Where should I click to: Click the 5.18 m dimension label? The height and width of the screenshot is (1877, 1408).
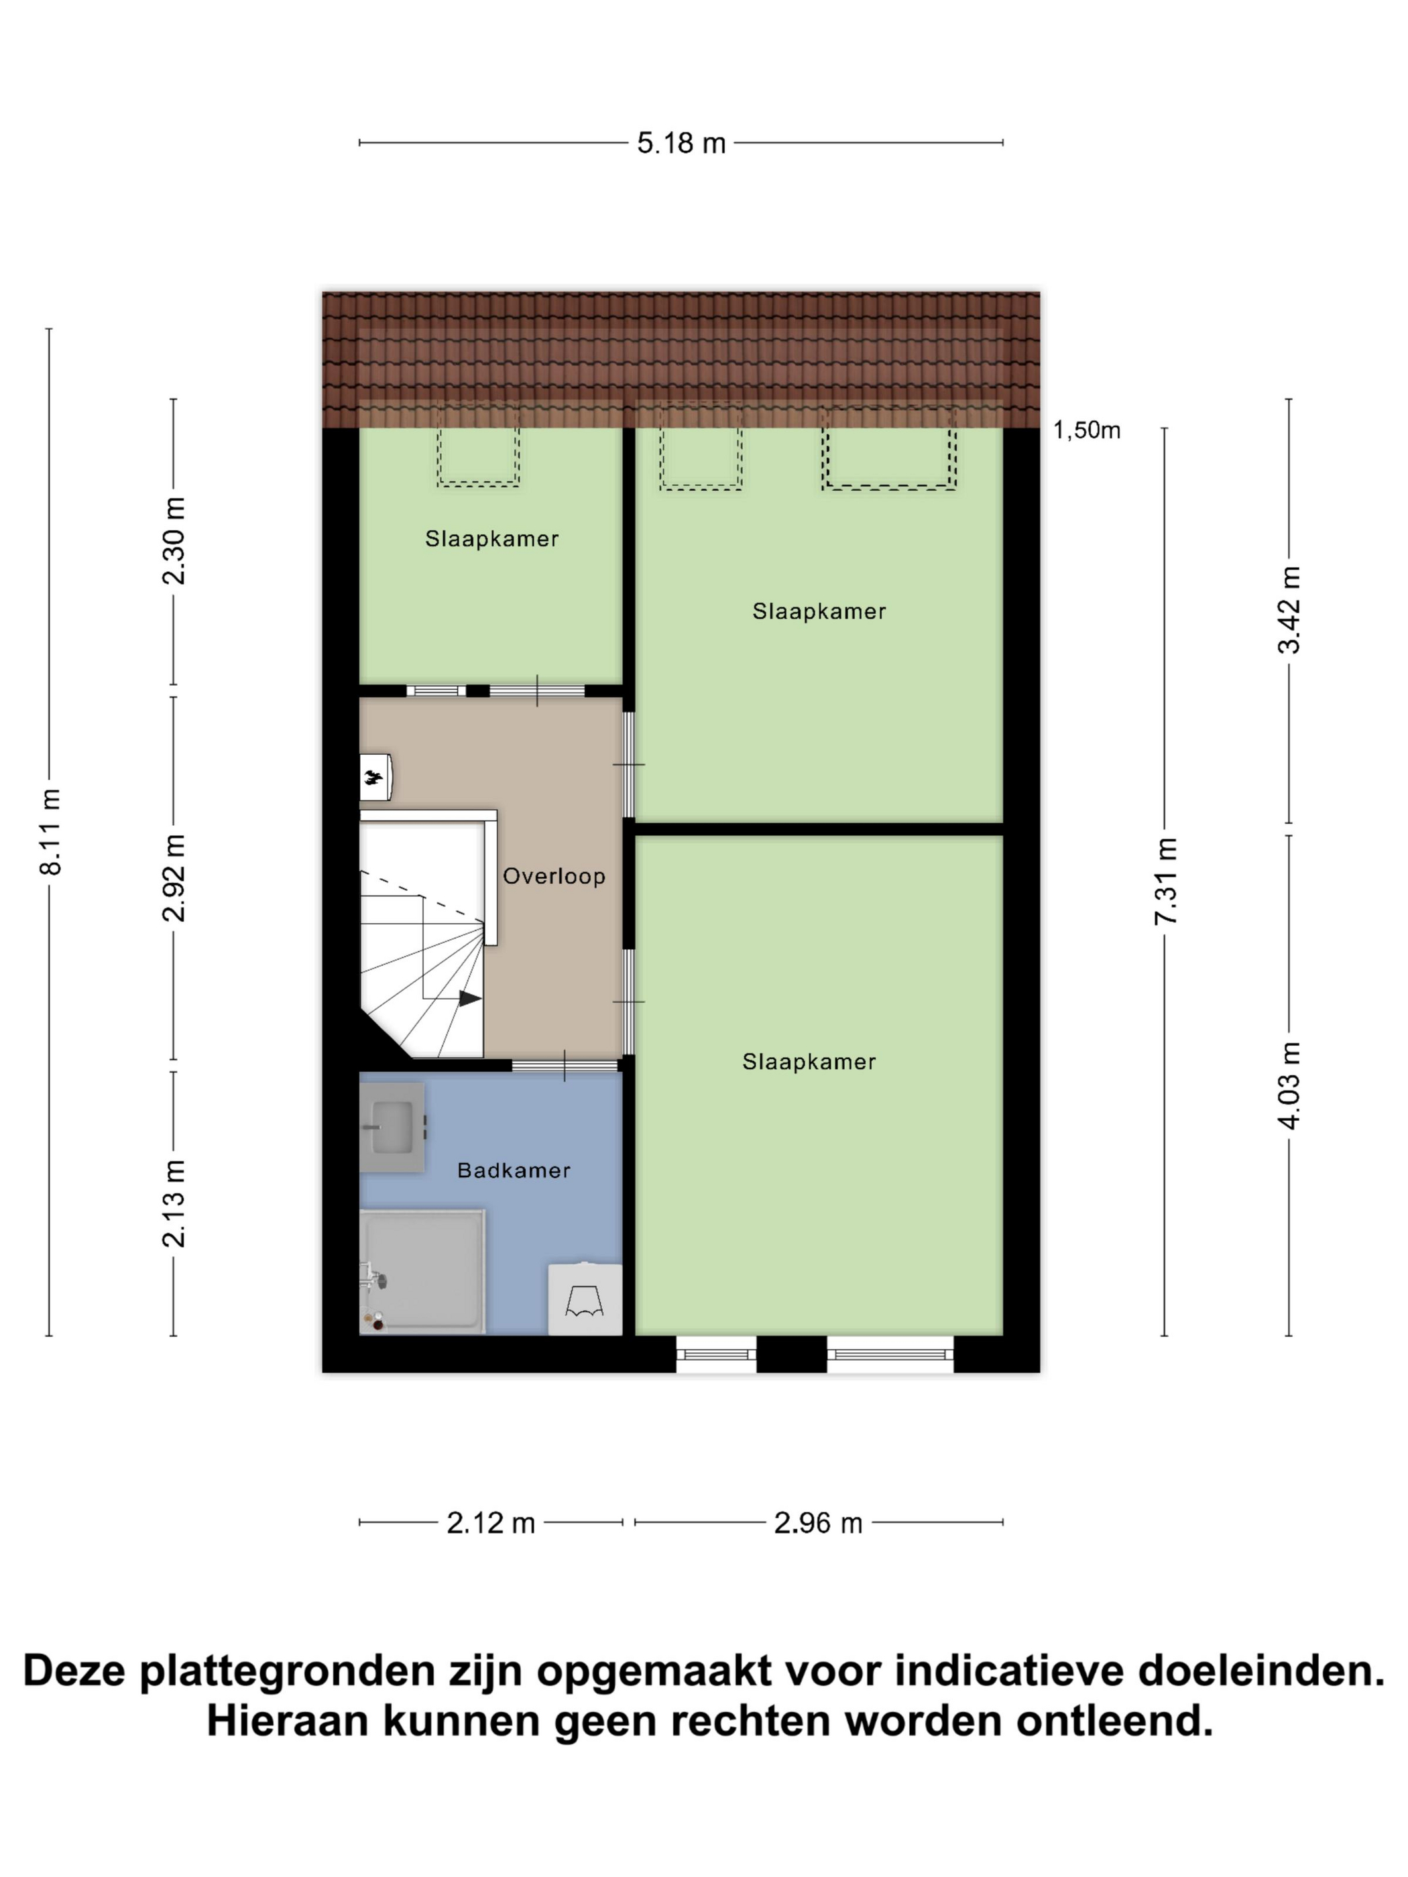click(681, 143)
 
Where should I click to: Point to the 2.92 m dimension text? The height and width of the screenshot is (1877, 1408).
click(174, 877)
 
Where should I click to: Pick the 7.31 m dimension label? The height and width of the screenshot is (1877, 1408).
click(1165, 881)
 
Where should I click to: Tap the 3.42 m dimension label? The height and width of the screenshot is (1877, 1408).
click(1289, 609)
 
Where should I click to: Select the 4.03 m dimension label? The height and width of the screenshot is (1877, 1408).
click(1289, 1085)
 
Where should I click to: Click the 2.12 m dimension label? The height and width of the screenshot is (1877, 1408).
click(491, 1523)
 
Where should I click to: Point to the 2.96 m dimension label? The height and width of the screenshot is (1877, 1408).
click(818, 1523)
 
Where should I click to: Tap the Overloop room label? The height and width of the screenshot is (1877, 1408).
click(554, 875)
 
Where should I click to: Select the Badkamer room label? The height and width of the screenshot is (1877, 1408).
click(514, 1170)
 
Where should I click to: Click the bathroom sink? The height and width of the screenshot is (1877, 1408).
click(392, 1128)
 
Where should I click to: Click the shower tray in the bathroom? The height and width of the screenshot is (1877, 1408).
click(422, 1271)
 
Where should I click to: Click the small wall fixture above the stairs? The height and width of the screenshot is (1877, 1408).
click(375, 776)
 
